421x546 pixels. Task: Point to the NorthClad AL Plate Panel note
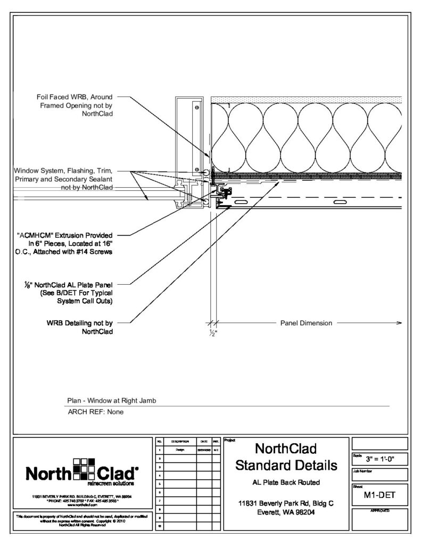click(x=74, y=293)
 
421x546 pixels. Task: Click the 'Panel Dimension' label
click(x=306, y=323)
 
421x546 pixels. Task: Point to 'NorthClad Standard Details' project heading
click(x=286, y=456)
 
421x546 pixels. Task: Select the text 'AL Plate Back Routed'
click(x=286, y=483)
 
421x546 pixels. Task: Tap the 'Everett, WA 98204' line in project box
click(x=286, y=512)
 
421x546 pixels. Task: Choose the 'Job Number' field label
click(x=362, y=471)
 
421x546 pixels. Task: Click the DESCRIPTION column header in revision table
click(x=176, y=442)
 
